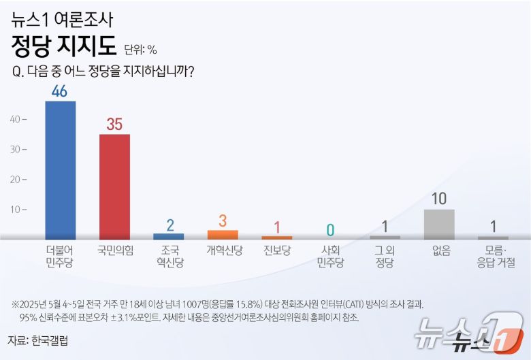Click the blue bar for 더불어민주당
click(x=60, y=170)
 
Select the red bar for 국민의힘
click(x=114, y=186)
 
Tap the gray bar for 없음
click(x=439, y=225)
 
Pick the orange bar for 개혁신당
click(x=223, y=235)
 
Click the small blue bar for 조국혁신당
click(x=168, y=236)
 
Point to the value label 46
click(x=59, y=91)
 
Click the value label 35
click(x=114, y=124)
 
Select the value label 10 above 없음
click(x=439, y=199)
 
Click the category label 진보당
click(x=277, y=250)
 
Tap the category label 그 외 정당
click(x=385, y=257)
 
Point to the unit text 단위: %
click(x=140, y=49)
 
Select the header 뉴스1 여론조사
click(x=62, y=19)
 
